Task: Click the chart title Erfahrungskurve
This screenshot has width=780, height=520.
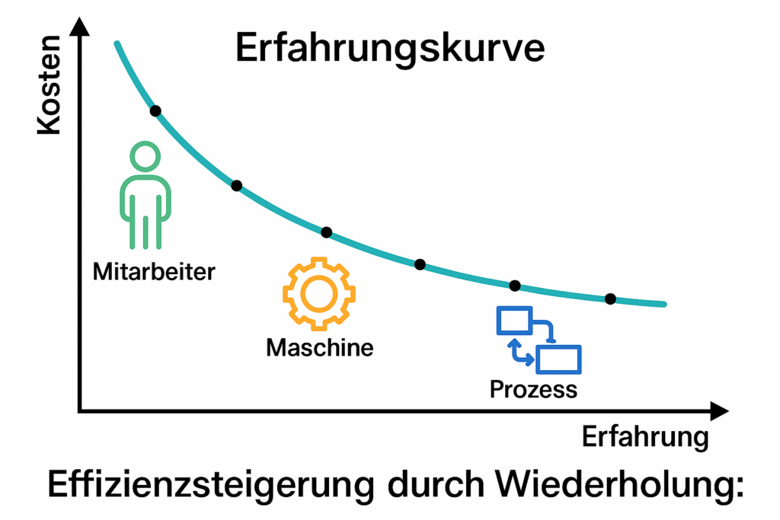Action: click(389, 49)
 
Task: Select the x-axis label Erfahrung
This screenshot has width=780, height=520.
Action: click(644, 439)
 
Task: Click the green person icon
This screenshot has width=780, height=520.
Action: click(145, 197)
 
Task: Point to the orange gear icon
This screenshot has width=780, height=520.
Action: click(319, 295)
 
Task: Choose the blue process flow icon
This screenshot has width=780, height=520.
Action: click(539, 340)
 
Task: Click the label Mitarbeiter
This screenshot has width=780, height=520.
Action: click(154, 271)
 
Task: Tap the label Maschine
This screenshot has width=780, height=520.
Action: click(319, 348)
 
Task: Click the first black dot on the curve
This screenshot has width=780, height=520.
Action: click(155, 111)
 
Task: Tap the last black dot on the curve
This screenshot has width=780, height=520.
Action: click(610, 298)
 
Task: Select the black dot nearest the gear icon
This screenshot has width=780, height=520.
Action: click(327, 232)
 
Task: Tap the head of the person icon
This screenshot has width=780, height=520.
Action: click(145, 158)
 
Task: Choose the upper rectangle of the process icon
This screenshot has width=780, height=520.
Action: click(513, 321)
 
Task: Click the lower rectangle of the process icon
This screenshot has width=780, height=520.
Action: click(558, 359)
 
